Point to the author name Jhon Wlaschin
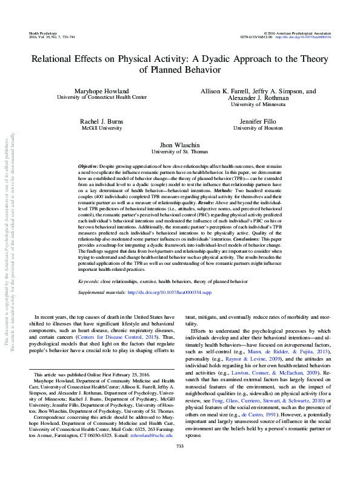coord(180,145)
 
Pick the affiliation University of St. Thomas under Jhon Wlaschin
coord(180,152)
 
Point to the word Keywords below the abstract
coord(90,282)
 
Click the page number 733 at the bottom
coord(179,464)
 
